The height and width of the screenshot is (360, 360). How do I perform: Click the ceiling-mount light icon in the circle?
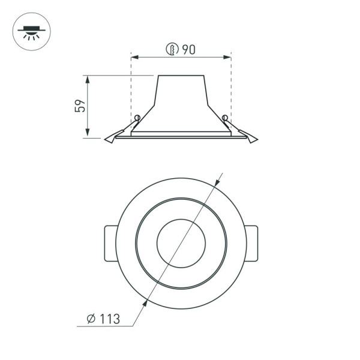point(32,32)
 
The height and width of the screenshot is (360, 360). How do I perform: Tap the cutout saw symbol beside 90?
point(172,50)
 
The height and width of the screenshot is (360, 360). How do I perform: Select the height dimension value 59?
point(80,106)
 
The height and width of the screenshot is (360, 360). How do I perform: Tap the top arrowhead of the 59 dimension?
point(88,79)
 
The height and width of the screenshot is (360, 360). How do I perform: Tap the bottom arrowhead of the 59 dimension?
point(88,134)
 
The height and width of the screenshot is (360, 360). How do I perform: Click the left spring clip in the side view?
point(114,137)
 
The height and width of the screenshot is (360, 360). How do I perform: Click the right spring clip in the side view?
point(248,137)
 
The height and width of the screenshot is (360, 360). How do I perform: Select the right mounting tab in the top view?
point(252,243)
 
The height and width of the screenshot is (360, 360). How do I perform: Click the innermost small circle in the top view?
point(181,243)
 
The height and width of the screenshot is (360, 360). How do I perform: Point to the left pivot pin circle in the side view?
point(137,117)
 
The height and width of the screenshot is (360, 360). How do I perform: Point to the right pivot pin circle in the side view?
point(225,117)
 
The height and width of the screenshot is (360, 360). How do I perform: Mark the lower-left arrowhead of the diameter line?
point(145,304)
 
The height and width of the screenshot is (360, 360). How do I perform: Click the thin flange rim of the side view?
point(181,137)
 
